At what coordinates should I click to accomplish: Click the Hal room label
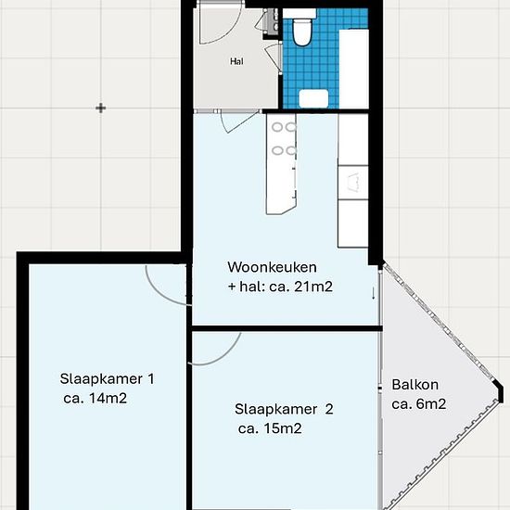click(236, 61)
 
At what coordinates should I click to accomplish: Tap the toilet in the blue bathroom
click(301, 32)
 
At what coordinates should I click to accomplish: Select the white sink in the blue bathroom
click(313, 98)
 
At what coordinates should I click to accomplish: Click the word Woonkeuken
click(272, 267)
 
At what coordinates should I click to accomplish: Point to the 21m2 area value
click(313, 287)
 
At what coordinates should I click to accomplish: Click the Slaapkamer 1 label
click(107, 379)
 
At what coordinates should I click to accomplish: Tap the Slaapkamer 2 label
click(284, 409)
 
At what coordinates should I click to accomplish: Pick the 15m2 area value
click(283, 428)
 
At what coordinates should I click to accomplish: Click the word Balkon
click(415, 385)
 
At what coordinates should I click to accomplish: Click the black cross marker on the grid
click(101, 108)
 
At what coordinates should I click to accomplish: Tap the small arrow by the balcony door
click(374, 293)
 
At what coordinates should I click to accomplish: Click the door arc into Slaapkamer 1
click(159, 293)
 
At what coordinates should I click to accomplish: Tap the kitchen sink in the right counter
click(353, 183)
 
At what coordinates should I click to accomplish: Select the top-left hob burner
click(277, 127)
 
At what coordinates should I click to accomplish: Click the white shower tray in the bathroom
click(354, 69)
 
